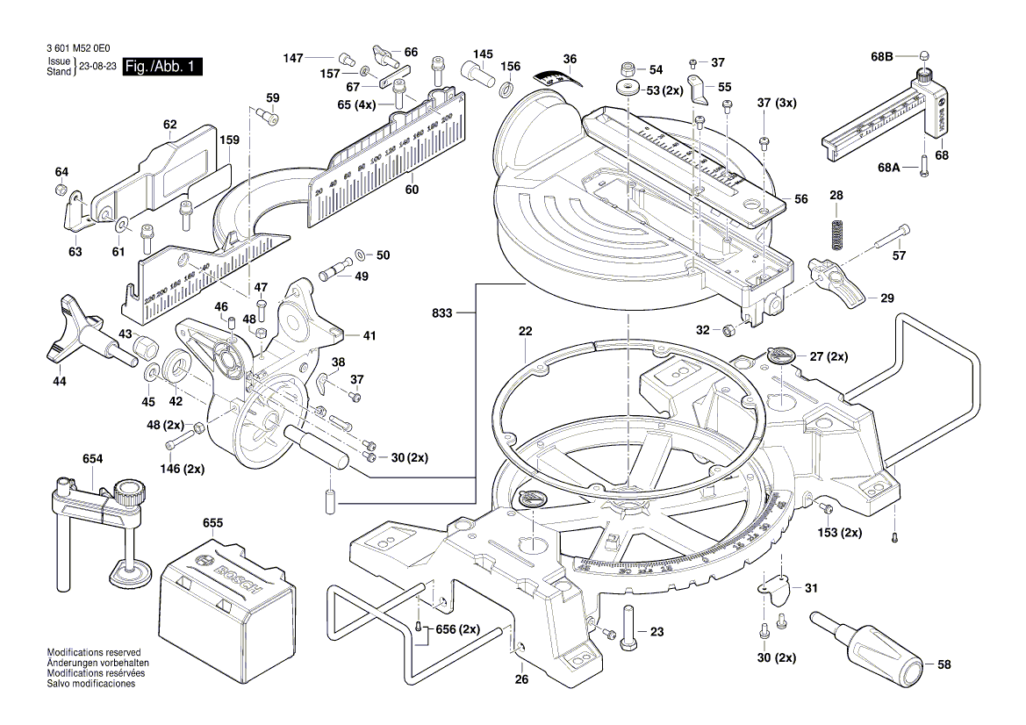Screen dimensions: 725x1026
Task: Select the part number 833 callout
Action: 443,312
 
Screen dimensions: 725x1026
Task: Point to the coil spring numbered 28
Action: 836,233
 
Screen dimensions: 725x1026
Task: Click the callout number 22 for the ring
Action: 525,332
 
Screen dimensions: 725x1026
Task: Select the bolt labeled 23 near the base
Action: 628,628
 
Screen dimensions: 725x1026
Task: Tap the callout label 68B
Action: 881,57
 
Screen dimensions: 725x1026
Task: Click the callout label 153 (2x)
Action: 839,533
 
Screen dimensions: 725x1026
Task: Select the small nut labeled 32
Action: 728,330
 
